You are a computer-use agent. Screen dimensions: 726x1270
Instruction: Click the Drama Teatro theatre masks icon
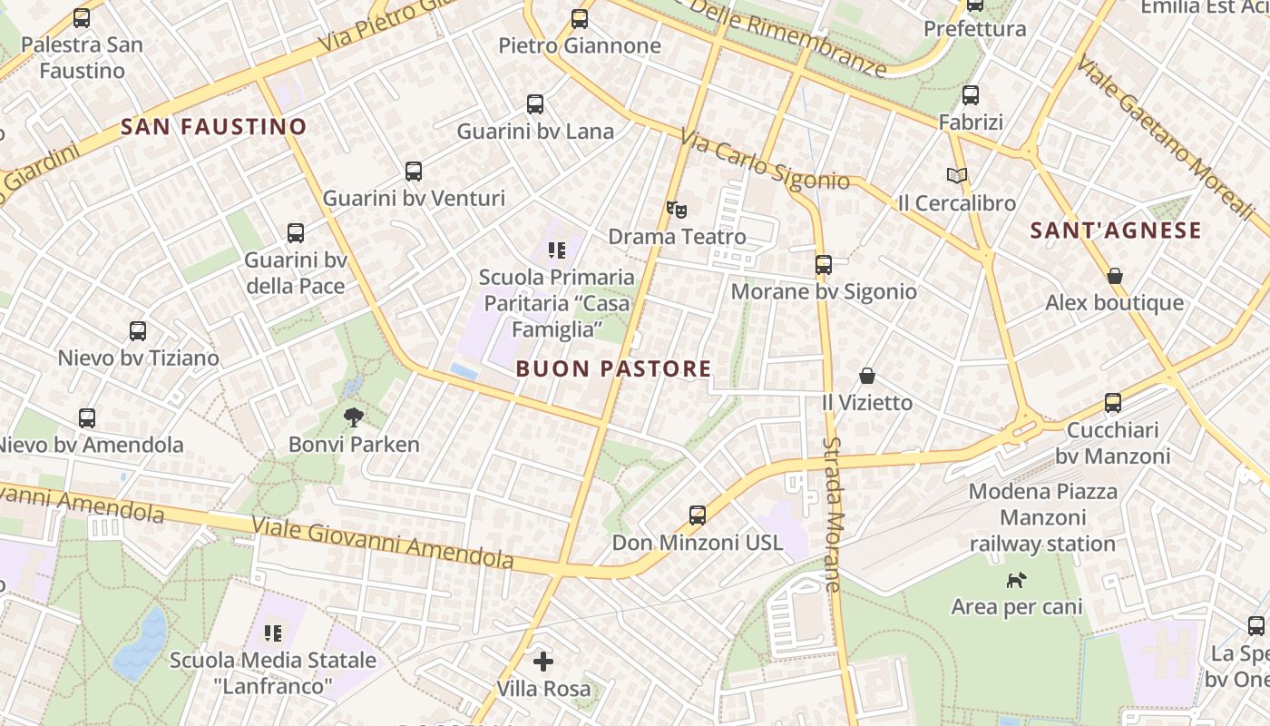(x=676, y=210)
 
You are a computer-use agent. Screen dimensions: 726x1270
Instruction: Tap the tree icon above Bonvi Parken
(x=354, y=417)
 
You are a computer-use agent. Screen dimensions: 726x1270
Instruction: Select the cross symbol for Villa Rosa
(x=543, y=662)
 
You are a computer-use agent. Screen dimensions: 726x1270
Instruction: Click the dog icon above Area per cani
(x=1017, y=579)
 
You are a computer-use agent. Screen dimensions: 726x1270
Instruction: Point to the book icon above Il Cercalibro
(x=957, y=175)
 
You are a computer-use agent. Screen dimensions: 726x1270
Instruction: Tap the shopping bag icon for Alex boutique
(x=1115, y=275)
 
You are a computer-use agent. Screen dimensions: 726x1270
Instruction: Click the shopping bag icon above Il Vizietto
(x=867, y=375)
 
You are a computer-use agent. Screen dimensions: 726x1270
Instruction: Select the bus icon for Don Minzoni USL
(x=698, y=515)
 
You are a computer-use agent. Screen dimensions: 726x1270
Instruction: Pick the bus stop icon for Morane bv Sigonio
(x=824, y=264)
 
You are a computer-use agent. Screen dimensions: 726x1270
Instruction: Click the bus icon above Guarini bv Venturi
(x=414, y=171)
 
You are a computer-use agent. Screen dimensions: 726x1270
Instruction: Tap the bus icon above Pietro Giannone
(x=580, y=18)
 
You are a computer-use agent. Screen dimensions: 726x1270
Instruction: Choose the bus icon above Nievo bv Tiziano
(x=138, y=331)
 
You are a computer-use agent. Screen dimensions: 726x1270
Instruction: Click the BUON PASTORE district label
(x=613, y=368)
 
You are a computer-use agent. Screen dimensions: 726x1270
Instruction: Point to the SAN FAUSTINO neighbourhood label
(x=214, y=127)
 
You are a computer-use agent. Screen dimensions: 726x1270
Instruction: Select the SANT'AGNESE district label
(x=1116, y=231)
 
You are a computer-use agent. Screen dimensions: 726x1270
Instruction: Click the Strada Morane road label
(x=834, y=514)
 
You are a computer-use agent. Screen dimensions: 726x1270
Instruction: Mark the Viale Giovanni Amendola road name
(x=381, y=542)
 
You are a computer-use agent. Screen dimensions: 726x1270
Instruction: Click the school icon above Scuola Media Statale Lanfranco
(x=273, y=633)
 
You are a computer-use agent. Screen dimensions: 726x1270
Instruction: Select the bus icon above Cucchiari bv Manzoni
(x=1113, y=403)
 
